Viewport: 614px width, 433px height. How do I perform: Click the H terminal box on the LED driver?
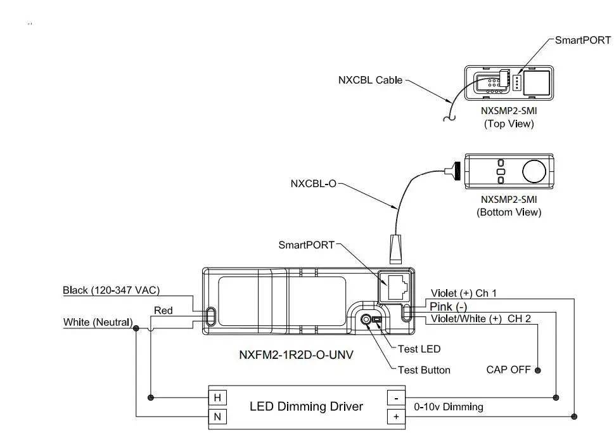tap(217, 397)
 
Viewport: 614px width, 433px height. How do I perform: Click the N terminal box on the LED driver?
tap(217, 417)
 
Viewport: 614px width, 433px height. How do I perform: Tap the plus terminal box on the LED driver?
tap(396, 417)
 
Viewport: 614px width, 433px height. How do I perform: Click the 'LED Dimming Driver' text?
tap(306, 406)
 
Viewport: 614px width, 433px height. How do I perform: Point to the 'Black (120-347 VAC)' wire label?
tap(111, 290)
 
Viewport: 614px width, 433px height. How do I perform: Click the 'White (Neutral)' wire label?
tap(98, 322)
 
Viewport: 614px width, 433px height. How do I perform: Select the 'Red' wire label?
tap(163, 311)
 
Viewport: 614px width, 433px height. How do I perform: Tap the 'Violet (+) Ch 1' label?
tap(464, 294)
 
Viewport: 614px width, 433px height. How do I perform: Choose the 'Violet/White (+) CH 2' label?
tap(481, 318)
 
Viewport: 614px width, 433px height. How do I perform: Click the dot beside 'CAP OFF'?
tap(538, 370)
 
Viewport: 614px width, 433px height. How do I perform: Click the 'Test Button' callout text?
tap(424, 370)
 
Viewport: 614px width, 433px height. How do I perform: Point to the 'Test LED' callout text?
tap(419, 349)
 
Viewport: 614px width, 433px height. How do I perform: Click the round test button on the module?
tap(366, 320)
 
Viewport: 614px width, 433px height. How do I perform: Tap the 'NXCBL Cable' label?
tap(370, 80)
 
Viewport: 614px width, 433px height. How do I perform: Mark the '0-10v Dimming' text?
tap(448, 407)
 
